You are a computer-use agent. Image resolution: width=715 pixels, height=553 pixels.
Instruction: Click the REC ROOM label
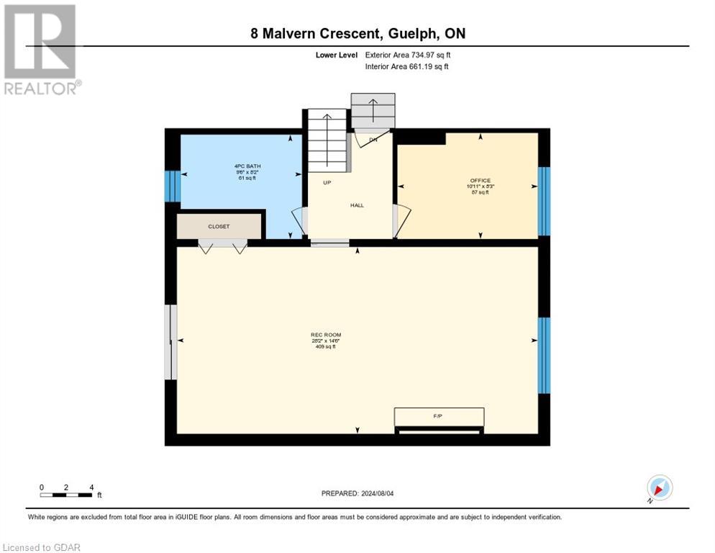[325, 335]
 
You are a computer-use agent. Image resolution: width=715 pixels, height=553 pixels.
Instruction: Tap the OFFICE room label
[479, 181]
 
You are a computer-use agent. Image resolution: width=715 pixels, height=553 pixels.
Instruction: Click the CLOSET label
[219, 226]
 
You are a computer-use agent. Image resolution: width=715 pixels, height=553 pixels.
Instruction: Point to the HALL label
[357, 205]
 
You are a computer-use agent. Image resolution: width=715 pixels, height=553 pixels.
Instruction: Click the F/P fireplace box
[438, 417]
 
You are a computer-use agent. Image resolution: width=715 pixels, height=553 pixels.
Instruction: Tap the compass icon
[659, 487]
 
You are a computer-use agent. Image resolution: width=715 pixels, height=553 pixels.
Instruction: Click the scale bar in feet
[66, 495]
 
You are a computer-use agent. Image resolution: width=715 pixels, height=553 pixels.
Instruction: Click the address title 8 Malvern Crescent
[357, 34]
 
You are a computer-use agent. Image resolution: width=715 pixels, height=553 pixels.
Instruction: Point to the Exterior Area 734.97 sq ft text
[408, 55]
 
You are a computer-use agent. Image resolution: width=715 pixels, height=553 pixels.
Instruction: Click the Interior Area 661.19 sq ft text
[407, 67]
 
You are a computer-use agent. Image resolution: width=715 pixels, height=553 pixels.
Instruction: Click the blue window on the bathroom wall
[171, 186]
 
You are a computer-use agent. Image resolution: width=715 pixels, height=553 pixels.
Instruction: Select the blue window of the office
[544, 201]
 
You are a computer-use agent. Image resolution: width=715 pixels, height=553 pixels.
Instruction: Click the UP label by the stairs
[327, 183]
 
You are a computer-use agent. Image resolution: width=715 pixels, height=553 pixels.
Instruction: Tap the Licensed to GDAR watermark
[41, 547]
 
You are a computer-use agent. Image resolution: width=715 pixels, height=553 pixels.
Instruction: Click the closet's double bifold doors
[222, 247]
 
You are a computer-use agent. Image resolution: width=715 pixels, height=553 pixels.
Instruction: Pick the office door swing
[401, 220]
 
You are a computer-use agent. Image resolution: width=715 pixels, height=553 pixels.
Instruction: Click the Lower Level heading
[337, 55]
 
